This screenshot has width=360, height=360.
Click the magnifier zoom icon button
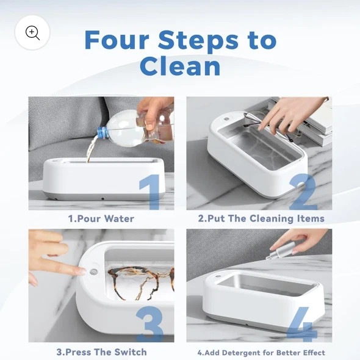coord(32,32)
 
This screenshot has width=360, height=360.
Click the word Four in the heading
coord(117,40)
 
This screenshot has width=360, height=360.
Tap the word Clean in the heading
coord(180,66)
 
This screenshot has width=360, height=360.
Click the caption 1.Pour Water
coord(101,218)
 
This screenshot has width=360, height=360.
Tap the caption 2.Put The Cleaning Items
coord(261,218)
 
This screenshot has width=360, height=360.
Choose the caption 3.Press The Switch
coord(101,352)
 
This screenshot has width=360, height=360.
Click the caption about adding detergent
coord(261,352)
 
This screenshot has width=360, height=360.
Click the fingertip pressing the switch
coord(83,270)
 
